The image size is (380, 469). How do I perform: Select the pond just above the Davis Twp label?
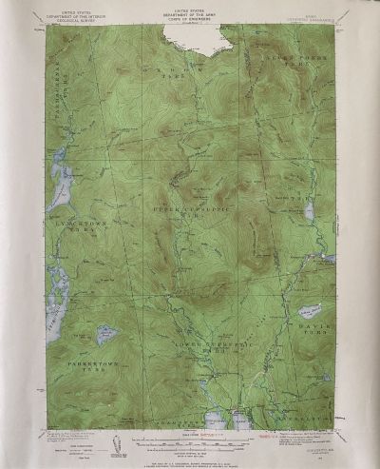(x=310, y=310)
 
